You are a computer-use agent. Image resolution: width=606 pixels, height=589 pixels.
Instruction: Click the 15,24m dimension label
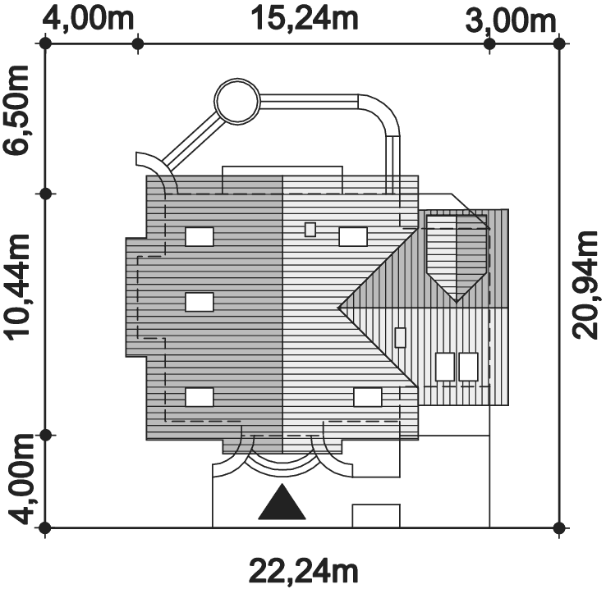pos(305,19)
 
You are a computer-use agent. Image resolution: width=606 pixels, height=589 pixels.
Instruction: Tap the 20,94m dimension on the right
pos(585,285)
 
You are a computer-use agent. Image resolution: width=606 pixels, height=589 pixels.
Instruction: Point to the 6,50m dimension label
pos(16,110)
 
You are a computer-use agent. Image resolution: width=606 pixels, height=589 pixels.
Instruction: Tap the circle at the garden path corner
pos(237,101)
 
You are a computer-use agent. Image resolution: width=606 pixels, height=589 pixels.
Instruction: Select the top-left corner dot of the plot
pos(46,43)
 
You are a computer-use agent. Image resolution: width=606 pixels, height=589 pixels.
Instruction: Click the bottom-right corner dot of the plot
pos(559,527)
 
